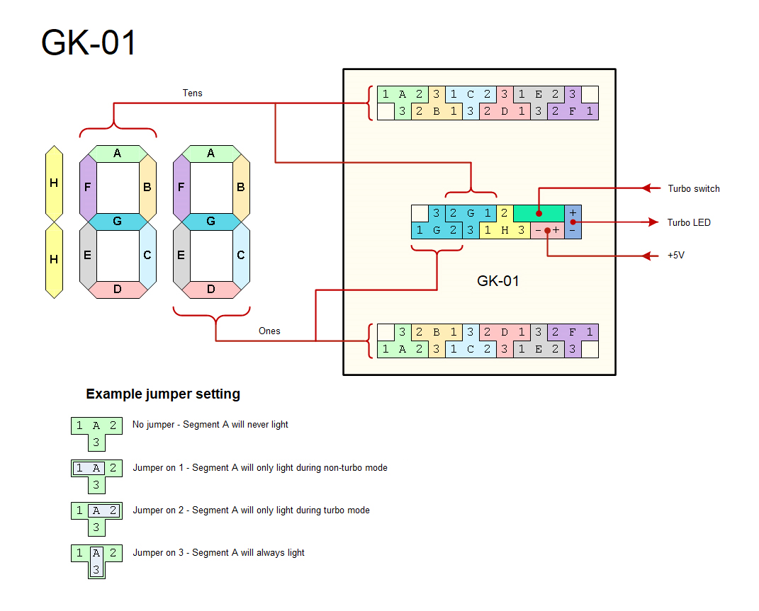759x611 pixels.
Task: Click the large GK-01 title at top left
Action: point(89,42)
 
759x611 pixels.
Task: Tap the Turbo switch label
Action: point(693,188)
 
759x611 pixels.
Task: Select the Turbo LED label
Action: point(688,222)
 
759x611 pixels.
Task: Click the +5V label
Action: point(676,255)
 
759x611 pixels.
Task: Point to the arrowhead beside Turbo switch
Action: point(646,188)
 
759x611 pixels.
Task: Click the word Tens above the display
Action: point(192,93)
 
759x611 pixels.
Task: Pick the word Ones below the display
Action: point(269,331)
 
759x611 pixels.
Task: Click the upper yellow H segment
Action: point(54,183)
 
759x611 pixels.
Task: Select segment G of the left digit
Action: point(117,222)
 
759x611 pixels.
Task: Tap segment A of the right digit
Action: point(210,153)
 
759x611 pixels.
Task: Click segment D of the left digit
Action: point(117,289)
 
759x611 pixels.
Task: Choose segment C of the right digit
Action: point(241,255)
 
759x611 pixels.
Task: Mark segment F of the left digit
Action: point(87,188)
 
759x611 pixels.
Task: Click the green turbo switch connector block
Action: point(539,212)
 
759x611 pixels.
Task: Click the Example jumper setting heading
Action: point(163,394)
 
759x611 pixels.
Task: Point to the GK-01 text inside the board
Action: point(497,281)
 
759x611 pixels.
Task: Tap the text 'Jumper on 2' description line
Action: point(251,510)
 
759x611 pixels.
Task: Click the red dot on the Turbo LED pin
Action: point(573,222)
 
